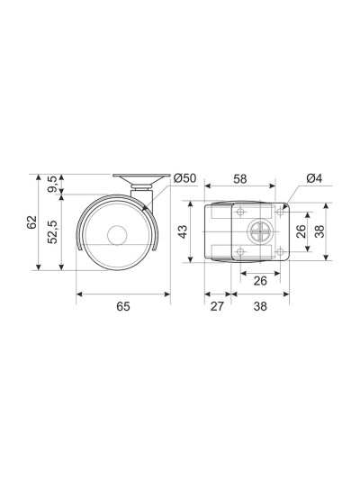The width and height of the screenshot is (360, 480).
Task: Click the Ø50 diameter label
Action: click(184, 178)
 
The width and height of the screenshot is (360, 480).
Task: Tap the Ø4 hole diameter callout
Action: click(314, 178)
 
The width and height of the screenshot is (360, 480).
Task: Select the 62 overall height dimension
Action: click(31, 222)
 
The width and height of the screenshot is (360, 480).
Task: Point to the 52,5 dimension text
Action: click(52, 231)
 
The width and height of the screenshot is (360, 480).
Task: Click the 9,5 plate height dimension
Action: click(52, 184)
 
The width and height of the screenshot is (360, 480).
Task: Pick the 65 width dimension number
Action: click(123, 306)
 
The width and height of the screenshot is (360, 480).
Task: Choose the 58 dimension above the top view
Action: click(239, 179)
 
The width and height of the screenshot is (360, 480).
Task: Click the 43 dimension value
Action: click(183, 231)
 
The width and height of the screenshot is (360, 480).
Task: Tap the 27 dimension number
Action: click(217, 306)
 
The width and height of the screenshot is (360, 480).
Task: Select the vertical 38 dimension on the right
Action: click(319, 231)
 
